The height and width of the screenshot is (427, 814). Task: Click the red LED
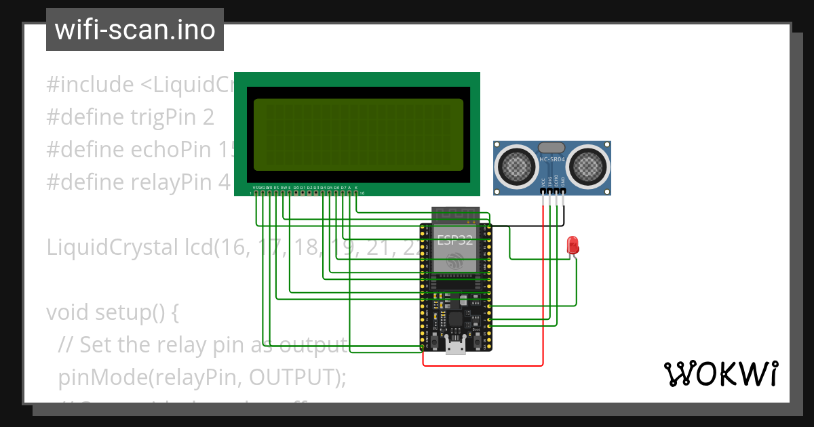point(573,245)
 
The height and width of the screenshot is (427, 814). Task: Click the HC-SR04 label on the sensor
point(551,160)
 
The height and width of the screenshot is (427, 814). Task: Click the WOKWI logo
point(720,373)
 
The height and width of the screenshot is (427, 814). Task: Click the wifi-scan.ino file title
point(134,30)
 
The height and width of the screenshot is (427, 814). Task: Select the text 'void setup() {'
point(112,312)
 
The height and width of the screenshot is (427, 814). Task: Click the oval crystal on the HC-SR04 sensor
point(551,148)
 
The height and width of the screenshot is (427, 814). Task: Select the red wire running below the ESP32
point(482,366)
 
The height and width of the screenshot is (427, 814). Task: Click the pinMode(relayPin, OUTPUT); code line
point(202,377)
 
